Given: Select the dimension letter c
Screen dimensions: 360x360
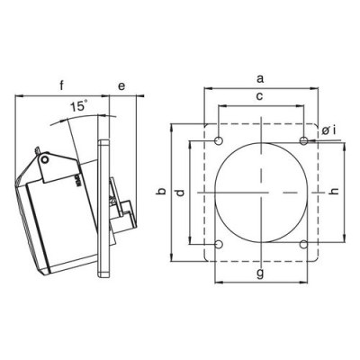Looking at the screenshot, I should (259, 95).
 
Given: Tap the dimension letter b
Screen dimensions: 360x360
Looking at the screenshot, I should (160, 193).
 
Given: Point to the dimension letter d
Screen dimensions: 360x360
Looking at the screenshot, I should (179, 193).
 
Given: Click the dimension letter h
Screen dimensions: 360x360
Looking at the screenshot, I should (335, 192).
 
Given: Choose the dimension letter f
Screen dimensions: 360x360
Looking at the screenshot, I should (61, 87).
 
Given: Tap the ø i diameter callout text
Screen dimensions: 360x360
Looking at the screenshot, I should (329, 132).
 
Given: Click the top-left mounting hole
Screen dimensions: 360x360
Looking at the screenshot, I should (220, 141).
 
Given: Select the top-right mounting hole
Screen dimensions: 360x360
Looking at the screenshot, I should (304, 141).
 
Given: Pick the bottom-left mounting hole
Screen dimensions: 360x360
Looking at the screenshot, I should (220, 244).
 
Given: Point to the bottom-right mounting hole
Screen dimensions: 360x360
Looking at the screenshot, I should (304, 244).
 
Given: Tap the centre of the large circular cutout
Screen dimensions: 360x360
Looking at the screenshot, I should (261, 193).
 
